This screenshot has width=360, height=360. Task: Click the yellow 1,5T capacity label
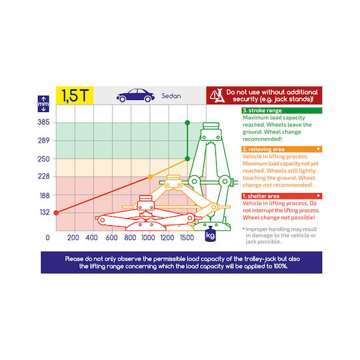75,95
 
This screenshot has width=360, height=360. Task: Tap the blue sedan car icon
135,95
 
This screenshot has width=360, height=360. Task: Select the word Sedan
171,96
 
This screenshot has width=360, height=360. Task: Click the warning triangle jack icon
217,95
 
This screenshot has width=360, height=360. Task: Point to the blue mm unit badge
43,104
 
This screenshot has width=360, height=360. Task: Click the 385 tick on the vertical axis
43,122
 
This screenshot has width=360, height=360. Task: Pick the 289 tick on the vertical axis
43,141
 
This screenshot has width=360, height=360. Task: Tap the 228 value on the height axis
43,176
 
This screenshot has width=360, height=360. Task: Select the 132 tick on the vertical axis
45,213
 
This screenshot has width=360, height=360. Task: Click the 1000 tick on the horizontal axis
148,237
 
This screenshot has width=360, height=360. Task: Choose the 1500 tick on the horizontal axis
187,237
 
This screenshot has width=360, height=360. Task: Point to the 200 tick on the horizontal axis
73,237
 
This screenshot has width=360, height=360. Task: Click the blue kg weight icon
210,234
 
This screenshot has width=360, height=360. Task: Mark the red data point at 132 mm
56,213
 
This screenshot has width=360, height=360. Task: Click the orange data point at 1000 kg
150,177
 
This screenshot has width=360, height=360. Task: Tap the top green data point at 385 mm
187,123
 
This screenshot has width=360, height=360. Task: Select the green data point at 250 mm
187,159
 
